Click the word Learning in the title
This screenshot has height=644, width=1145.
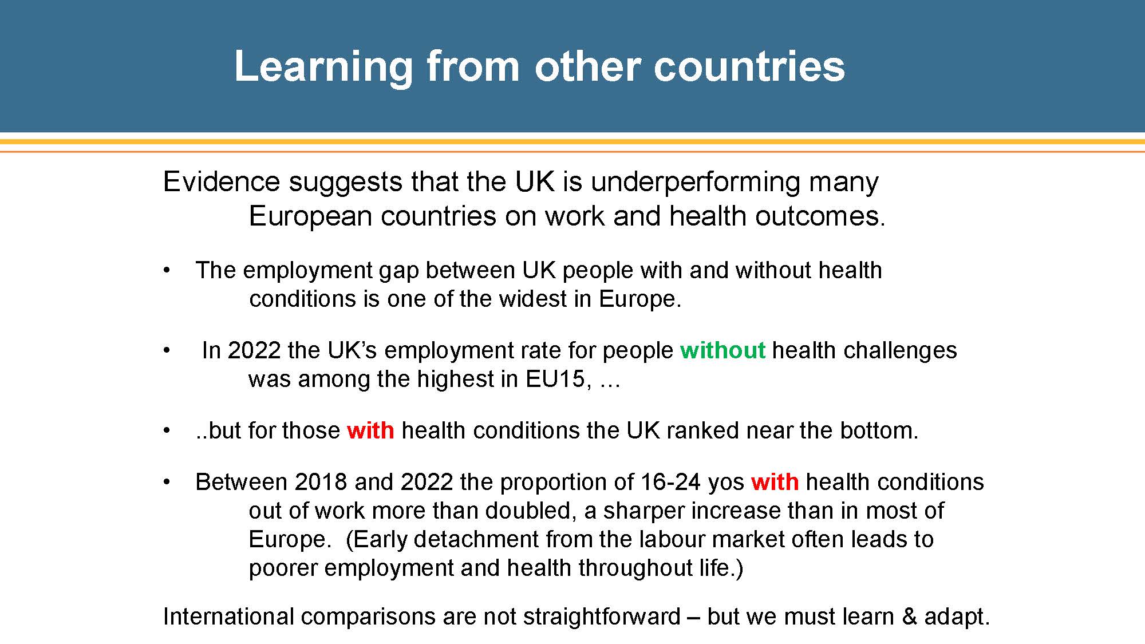click(323, 67)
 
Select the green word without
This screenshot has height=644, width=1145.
click(722, 350)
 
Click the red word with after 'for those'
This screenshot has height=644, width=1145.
click(370, 430)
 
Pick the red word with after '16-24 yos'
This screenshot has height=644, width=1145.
click(775, 481)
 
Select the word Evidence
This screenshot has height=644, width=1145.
click(222, 181)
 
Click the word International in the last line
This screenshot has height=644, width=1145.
click(228, 617)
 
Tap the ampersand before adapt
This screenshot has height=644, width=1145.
click(909, 617)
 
